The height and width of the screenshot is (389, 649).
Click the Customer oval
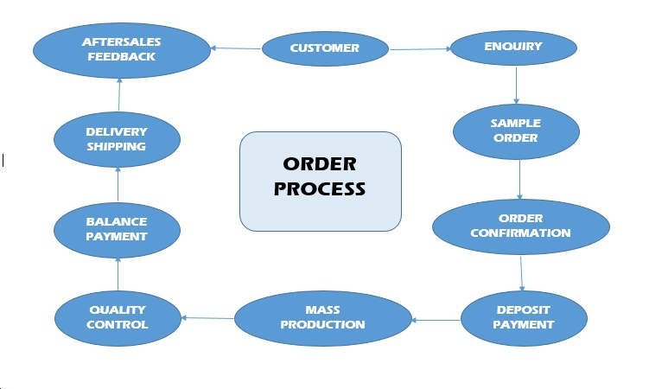324,48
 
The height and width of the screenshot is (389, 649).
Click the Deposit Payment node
524,317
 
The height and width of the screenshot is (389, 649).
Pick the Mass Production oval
322,317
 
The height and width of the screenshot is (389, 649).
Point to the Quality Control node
118,317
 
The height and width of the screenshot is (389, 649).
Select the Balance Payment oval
117,228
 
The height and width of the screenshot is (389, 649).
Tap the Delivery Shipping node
117,139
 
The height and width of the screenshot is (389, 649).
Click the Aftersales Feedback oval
121,49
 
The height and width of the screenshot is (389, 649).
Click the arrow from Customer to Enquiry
420,48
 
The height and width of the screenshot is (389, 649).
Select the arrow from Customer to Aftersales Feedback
236,48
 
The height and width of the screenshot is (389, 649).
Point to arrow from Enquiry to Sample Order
516,85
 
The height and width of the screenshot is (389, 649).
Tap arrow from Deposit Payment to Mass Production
436,320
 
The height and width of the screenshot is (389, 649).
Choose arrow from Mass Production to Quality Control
207,318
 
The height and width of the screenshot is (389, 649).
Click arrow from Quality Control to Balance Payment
117,274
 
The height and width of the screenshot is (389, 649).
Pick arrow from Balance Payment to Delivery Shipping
117,185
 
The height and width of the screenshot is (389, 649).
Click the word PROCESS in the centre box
320,188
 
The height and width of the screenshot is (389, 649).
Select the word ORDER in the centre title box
320,164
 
